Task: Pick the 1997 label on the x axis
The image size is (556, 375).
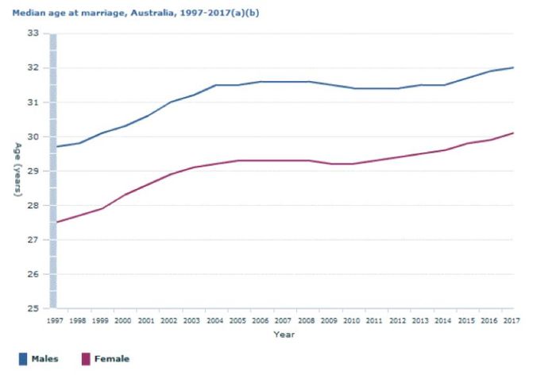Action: click(55, 321)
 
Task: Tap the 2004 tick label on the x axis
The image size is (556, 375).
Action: click(215, 321)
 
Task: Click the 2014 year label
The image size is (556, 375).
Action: click(444, 321)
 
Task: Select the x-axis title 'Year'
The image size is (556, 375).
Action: click(284, 334)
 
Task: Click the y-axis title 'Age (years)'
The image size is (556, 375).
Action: click(17, 171)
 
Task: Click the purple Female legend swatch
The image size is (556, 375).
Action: click(86, 359)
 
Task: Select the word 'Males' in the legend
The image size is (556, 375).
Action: click(44, 359)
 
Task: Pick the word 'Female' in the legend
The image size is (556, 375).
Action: click(112, 359)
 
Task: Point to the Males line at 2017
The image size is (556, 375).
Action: click(513, 68)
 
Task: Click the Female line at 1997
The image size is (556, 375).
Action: click(56, 222)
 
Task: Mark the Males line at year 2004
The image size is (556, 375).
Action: click(215, 85)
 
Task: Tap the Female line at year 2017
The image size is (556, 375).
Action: click(513, 133)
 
